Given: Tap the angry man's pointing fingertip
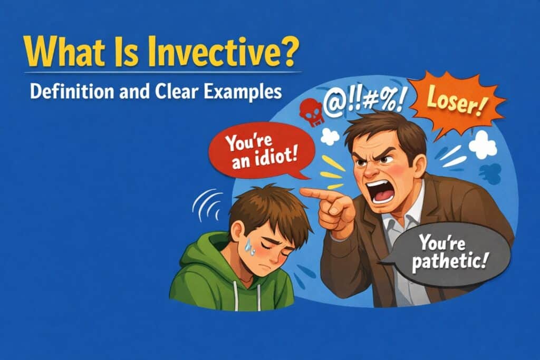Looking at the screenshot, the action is [302, 192].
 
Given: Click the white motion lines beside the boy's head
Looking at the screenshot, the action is [207, 205].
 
